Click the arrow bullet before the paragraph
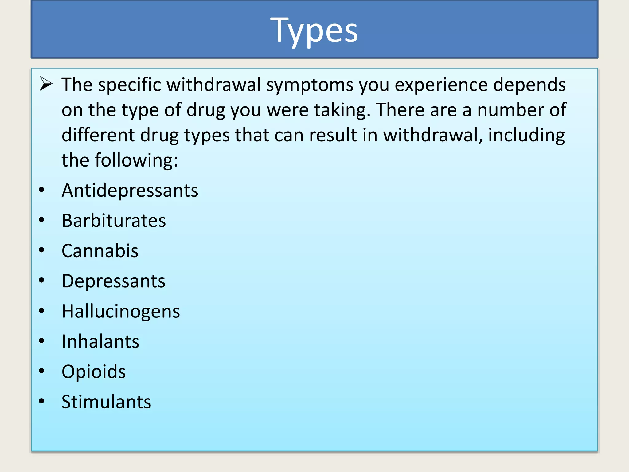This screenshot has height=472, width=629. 46,84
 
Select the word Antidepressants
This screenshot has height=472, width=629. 130,191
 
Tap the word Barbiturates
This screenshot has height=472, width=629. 114,221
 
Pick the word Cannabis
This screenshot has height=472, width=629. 100,251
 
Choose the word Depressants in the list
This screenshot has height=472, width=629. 113,281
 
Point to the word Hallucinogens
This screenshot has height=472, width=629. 121,311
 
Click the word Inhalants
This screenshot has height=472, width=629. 100,341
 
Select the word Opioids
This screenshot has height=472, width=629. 93,372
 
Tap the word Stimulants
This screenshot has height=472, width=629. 106,402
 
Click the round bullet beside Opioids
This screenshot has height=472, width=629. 42,371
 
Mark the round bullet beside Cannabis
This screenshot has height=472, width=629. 42,250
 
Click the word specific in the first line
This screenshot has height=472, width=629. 129,85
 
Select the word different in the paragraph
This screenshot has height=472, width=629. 98,135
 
